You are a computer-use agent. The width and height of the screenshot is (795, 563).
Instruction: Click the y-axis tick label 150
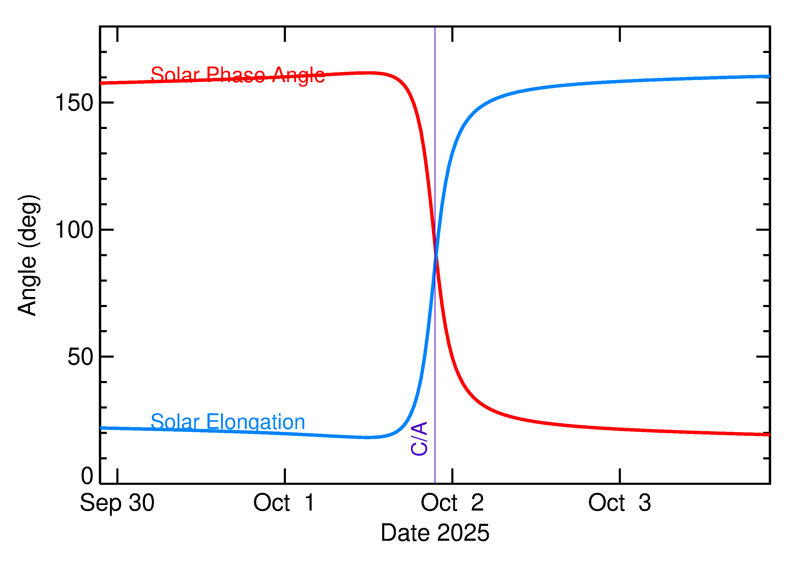[x=74, y=103]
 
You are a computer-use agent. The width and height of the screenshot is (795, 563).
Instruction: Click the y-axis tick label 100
[x=74, y=230]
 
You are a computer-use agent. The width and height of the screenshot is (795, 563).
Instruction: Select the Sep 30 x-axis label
[x=117, y=503]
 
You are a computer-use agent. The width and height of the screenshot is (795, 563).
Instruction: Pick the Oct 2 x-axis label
[x=452, y=503]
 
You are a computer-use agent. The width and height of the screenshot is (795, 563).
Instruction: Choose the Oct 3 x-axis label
[x=619, y=503]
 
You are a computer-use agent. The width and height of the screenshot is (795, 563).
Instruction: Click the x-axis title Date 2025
[x=435, y=533]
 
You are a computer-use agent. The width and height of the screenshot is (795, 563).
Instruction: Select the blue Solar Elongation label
[x=228, y=422]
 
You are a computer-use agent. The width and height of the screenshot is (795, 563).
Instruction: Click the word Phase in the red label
[x=236, y=75]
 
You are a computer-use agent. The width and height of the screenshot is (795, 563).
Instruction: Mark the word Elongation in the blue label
[x=255, y=422]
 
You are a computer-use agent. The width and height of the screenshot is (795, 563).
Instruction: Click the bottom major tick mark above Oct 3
[x=620, y=476]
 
